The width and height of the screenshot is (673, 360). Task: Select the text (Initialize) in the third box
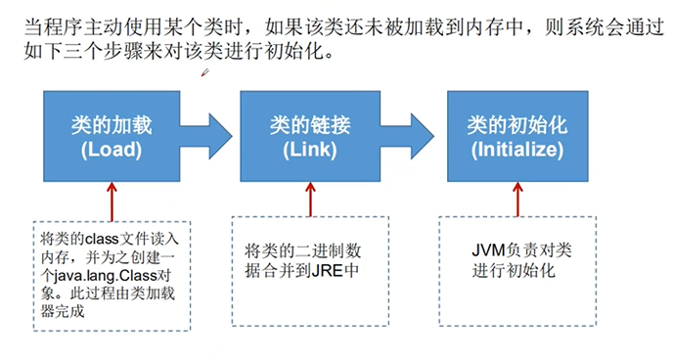point(516,151)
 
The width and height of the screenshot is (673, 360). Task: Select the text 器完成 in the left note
point(64,312)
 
